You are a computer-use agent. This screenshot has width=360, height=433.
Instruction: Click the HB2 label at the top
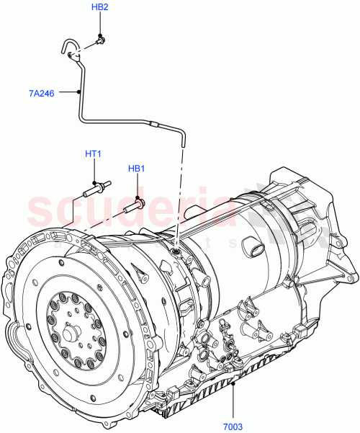point(100,7)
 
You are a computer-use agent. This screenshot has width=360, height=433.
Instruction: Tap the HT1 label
point(94,154)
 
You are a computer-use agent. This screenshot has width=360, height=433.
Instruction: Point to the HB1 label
point(137,169)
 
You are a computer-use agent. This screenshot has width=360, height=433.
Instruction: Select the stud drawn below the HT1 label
point(94,190)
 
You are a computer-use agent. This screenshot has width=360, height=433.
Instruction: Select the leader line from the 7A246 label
point(68,92)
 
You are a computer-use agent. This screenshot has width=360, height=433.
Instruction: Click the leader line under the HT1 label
point(94,172)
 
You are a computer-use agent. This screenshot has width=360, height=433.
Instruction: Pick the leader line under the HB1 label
point(137,186)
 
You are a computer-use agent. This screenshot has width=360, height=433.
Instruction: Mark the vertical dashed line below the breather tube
point(180,195)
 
